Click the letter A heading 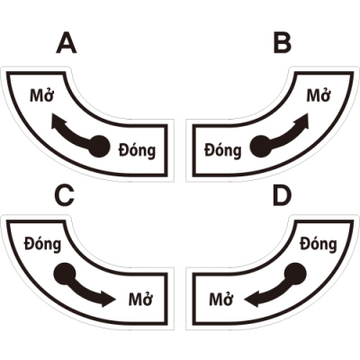[67, 43]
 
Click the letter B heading [283, 43]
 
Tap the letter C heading [64, 195]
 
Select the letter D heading [283, 196]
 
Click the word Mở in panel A [41, 95]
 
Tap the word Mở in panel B [319, 95]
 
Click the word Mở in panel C [140, 299]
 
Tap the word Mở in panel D [221, 299]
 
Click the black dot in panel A [99, 147]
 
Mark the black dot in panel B [261, 147]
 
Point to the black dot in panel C [64, 274]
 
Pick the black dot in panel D [295, 274]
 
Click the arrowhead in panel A [58, 121]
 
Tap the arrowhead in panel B [301, 121]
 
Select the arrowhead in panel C [108, 299]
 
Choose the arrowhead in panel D [251, 299]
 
